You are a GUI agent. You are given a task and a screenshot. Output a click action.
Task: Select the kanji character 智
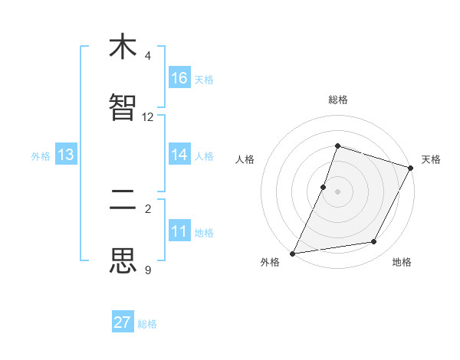pyautogui.click(x=123, y=108)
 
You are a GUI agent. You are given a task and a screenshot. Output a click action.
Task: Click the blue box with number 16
pyautogui.click(x=179, y=78)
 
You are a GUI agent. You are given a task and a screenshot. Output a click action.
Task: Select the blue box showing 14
pyautogui.click(x=179, y=155)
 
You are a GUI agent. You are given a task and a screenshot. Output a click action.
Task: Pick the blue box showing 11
pyautogui.click(x=179, y=231)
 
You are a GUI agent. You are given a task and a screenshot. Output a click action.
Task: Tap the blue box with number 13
pyautogui.click(x=66, y=155)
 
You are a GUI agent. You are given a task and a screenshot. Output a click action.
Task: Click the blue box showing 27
pyautogui.click(x=123, y=322)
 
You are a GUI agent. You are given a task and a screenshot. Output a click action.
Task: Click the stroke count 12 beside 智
pyautogui.click(x=148, y=117)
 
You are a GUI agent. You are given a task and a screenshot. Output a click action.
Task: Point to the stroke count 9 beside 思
pyautogui.click(x=148, y=270)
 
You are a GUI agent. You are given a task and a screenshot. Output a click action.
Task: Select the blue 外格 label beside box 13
pyautogui.click(x=41, y=155)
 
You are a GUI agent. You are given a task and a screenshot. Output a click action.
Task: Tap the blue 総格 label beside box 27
pyautogui.click(x=147, y=323)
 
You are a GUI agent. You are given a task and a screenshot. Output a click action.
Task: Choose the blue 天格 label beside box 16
pyautogui.click(x=204, y=79)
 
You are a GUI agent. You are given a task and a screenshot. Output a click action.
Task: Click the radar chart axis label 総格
pyautogui.click(x=338, y=100)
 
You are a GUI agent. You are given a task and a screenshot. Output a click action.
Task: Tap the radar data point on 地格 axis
pyautogui.click(x=374, y=242)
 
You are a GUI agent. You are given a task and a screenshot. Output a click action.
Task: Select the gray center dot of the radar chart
pyautogui.click(x=338, y=191)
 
